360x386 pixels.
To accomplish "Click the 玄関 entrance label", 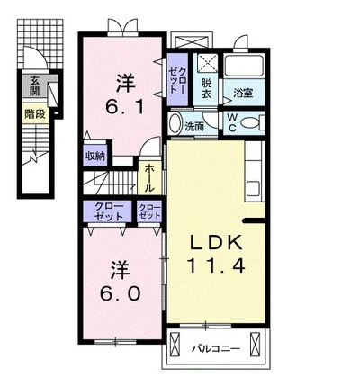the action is [x=34, y=86].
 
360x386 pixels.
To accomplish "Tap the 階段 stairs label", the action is [x=35, y=114].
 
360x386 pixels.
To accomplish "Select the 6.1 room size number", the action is [x=124, y=106].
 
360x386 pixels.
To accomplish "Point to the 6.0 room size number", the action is [x=120, y=293].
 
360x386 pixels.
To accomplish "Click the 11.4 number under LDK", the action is [x=217, y=265].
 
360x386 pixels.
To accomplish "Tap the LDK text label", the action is [x=217, y=243].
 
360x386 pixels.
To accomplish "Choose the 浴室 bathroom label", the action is [x=243, y=93].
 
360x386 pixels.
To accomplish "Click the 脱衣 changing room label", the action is [x=206, y=88].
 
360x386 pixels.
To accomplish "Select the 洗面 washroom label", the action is [x=194, y=127].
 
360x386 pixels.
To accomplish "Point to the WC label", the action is [x=232, y=122].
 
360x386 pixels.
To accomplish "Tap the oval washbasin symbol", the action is [x=175, y=123].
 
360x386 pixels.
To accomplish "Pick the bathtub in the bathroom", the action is [x=245, y=66].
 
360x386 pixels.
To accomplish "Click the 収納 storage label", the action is [x=95, y=156].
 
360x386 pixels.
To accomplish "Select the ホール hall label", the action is [x=149, y=178].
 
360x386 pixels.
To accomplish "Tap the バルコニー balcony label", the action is [x=216, y=349].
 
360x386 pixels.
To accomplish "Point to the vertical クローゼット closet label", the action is [x=177, y=80].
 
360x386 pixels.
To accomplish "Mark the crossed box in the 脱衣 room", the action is [x=207, y=63].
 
